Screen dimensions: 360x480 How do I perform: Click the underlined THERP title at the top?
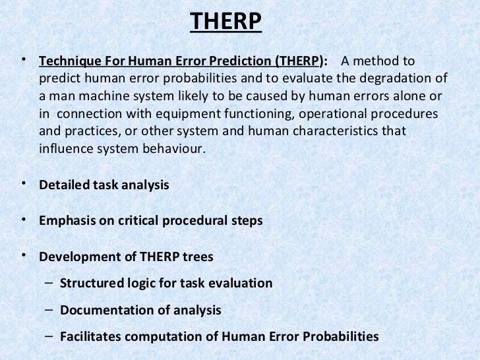tap(226, 23)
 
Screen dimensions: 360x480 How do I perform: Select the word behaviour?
tap(175, 148)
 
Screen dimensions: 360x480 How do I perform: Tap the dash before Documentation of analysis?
tap(50, 310)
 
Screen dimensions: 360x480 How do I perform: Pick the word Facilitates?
tap(90, 336)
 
